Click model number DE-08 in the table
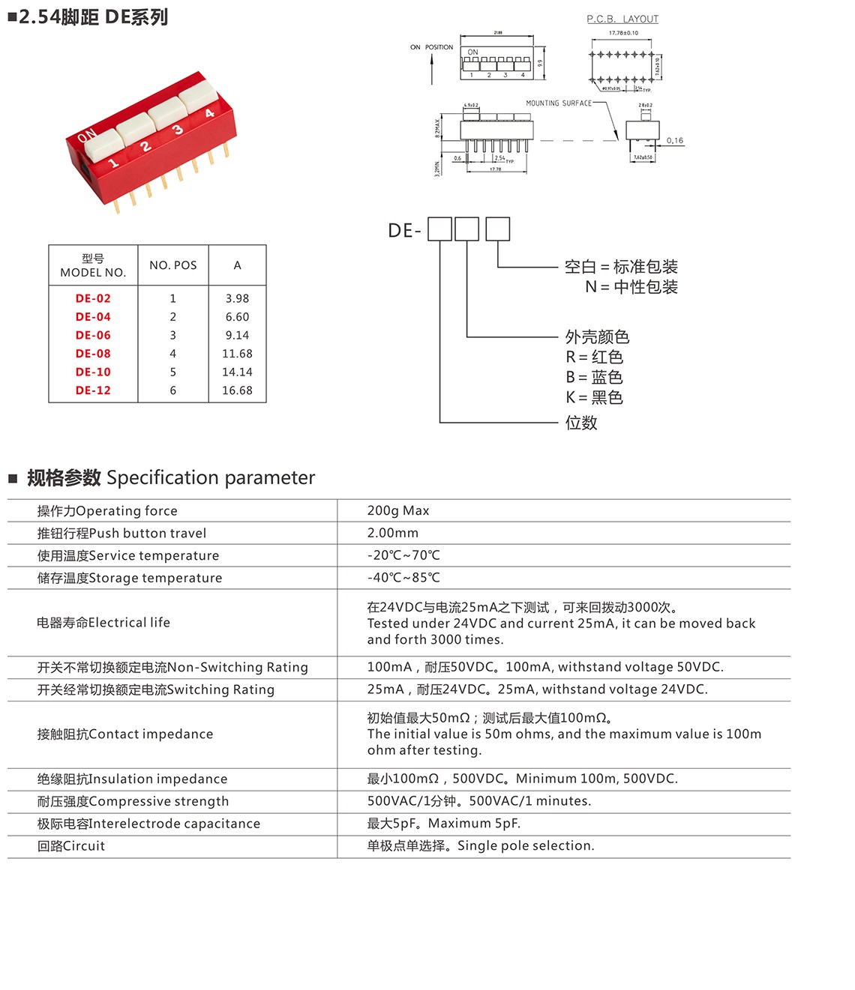click(93, 354)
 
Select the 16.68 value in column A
click(237, 390)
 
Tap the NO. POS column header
click(172, 265)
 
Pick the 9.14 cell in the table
click(237, 335)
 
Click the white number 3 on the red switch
click(178, 130)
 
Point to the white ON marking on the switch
click(87, 135)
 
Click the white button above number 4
click(197, 95)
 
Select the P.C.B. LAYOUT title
click(622, 19)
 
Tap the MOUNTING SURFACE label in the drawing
click(559, 103)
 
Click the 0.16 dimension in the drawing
click(675, 140)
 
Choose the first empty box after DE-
click(439, 229)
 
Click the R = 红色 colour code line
click(594, 357)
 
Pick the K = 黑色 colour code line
click(594, 397)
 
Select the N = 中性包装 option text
click(631, 287)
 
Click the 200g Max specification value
click(398, 510)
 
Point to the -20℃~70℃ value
click(403, 555)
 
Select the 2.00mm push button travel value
click(393, 533)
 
